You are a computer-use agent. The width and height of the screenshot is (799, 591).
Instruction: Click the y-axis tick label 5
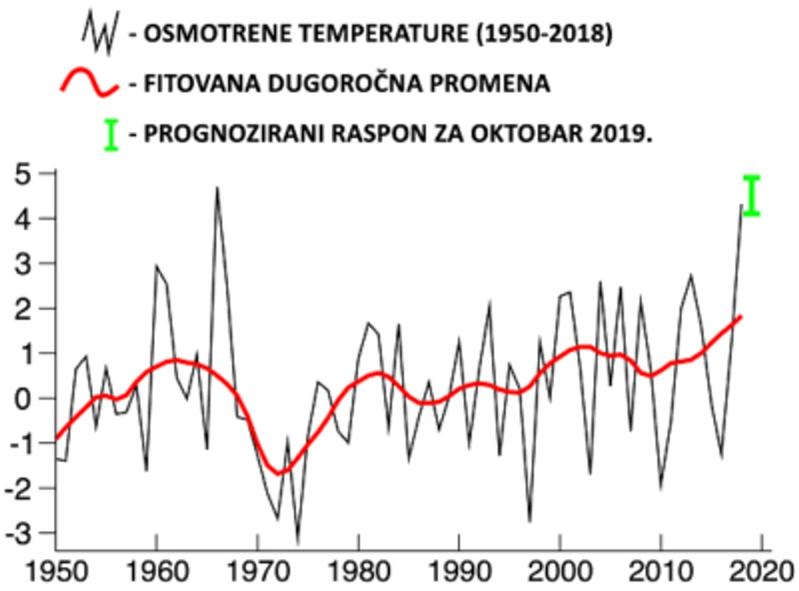coord(25,174)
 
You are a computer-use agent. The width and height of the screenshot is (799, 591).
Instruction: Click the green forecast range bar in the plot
coord(751,196)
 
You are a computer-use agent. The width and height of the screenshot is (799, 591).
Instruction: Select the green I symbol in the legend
coord(110,134)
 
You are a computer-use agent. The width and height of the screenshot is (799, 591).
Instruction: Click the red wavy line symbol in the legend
coord(89,83)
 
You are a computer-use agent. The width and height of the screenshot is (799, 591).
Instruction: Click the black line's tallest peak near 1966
coord(217,188)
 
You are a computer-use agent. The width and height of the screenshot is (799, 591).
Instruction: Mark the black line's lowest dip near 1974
coord(297,542)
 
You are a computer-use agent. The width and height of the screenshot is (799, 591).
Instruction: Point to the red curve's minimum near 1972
coord(278,473)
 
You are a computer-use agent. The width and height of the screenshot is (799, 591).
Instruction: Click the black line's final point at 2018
coord(741,205)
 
